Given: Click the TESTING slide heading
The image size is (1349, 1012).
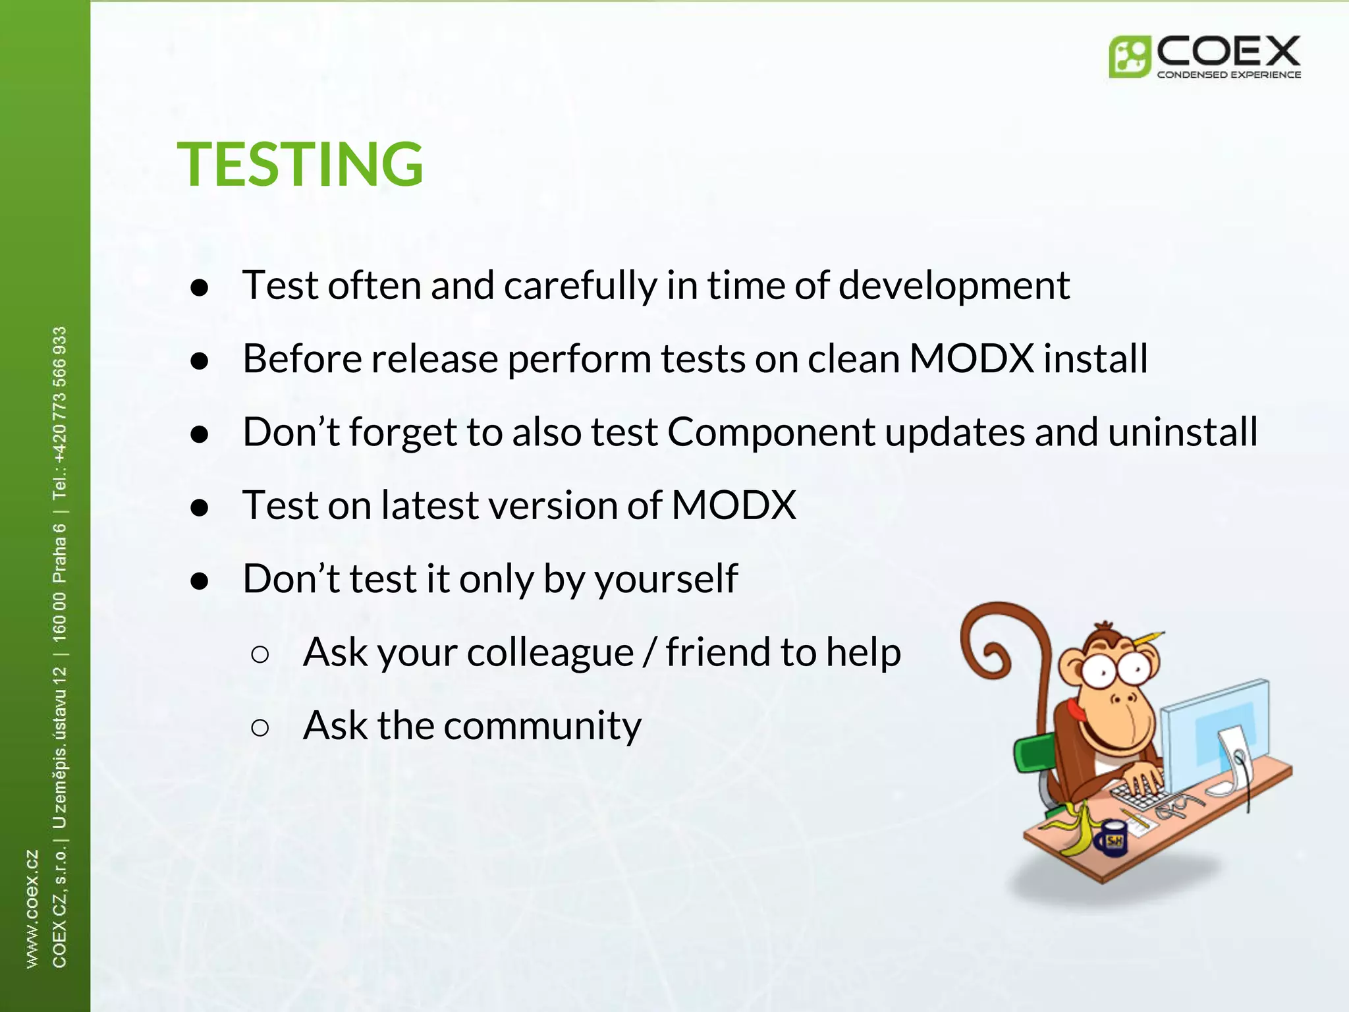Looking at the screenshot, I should click(300, 164).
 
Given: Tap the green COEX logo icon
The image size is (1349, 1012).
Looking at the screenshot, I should click(1129, 57).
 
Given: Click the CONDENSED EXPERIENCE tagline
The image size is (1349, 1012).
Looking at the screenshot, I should click(1228, 74).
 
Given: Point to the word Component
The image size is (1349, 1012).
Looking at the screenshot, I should click(771, 433).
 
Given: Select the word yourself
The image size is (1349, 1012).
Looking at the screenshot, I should click(665, 580).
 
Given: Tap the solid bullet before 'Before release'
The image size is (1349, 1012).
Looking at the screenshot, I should click(199, 361).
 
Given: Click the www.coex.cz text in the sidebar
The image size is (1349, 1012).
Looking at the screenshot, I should click(32, 909).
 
